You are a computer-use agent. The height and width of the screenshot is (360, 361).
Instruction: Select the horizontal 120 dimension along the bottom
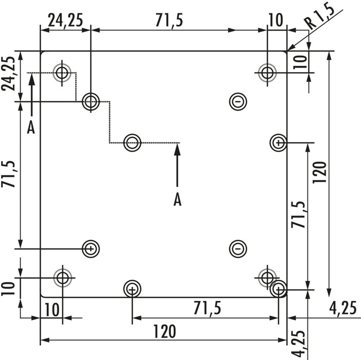tap(163, 331)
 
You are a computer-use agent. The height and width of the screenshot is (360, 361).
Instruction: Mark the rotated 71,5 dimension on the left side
tap(9, 174)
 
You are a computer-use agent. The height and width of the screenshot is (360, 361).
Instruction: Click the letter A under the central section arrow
tap(177, 200)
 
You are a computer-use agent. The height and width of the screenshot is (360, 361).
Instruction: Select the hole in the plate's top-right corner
tap(267, 73)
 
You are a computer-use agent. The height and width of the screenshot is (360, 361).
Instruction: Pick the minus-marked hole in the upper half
tap(237, 101)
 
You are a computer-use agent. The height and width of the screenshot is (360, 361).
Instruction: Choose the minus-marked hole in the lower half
tap(237, 249)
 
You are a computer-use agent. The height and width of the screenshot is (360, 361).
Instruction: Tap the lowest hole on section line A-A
tap(132, 142)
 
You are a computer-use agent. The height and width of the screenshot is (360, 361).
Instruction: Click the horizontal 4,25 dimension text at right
tap(342, 308)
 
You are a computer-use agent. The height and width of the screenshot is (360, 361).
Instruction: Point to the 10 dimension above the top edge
tap(276, 20)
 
